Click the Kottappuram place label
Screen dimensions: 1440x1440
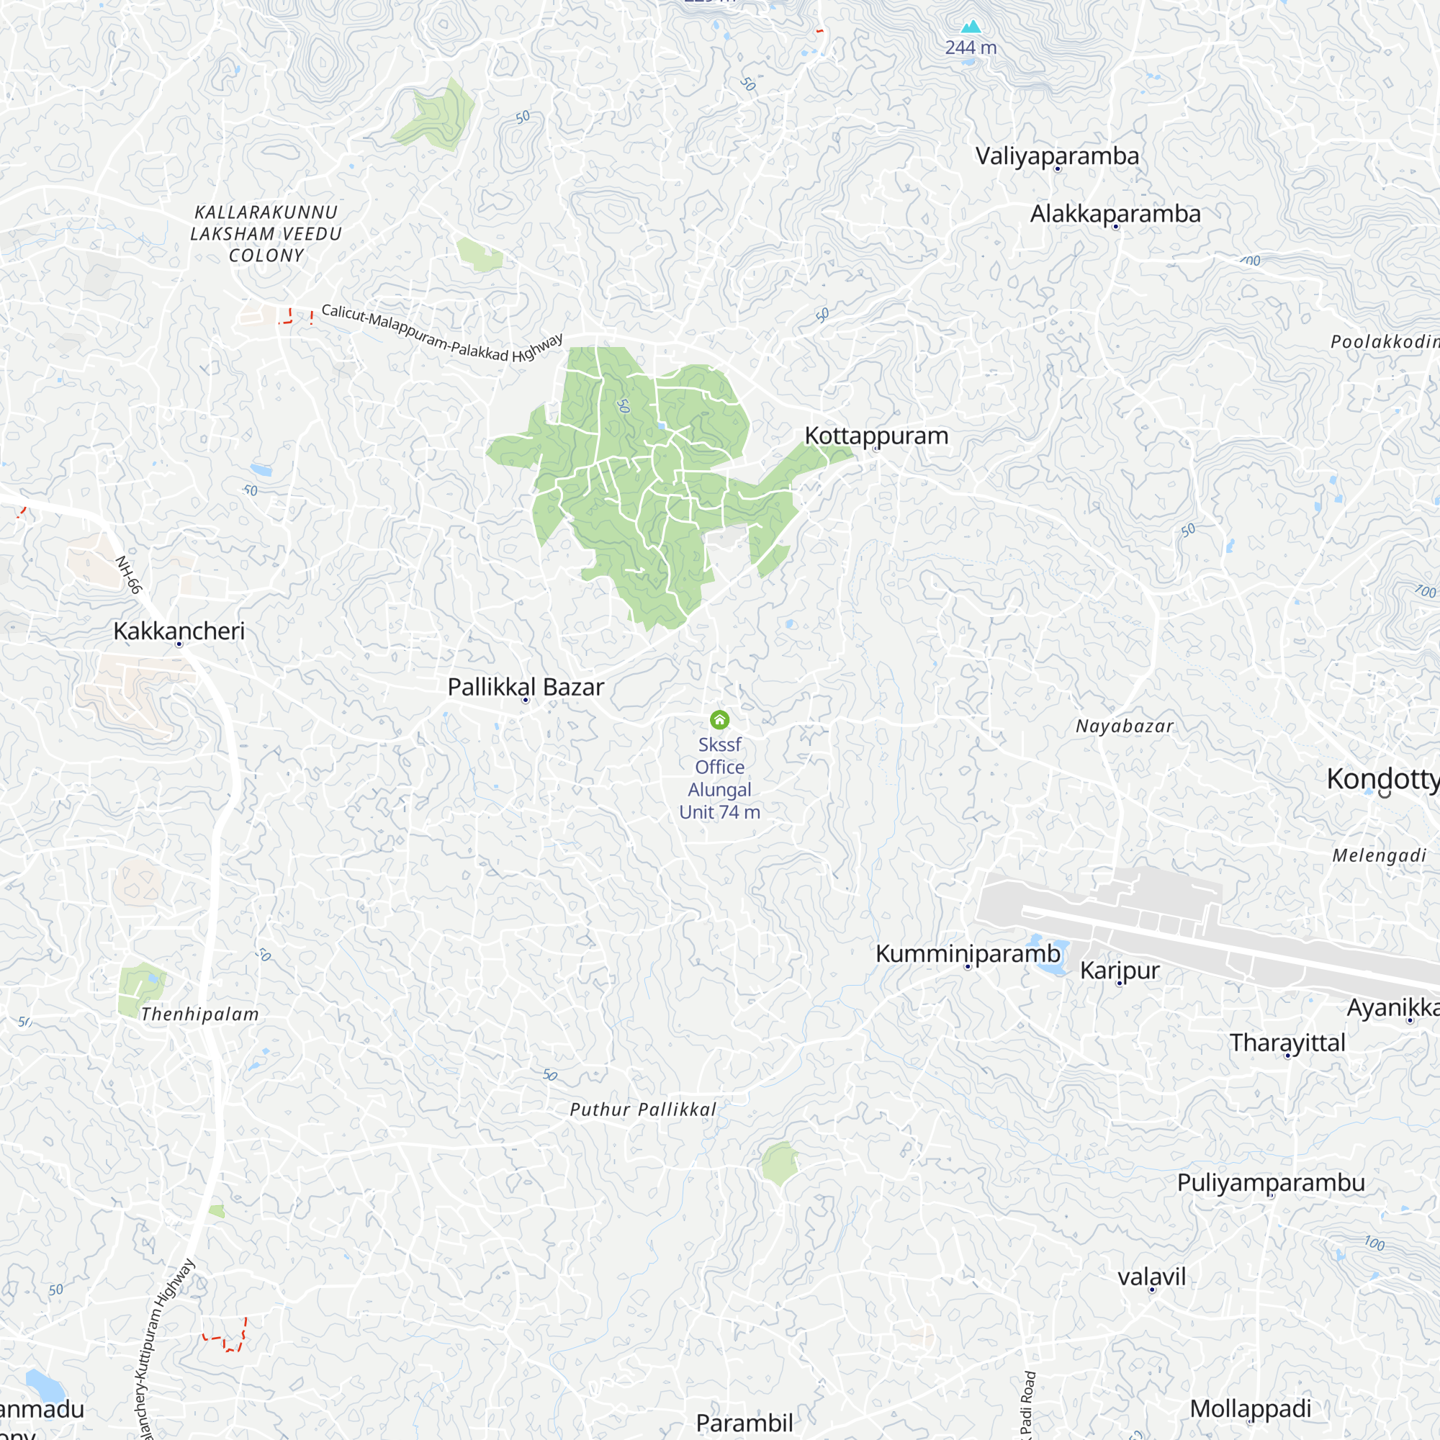click(876, 436)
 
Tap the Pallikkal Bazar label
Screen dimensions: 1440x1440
click(526, 686)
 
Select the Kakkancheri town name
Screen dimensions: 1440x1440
click(179, 631)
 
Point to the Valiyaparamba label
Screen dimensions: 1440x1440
click(1057, 156)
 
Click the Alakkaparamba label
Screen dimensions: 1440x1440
click(1115, 214)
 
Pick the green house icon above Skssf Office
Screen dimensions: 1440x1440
click(719, 719)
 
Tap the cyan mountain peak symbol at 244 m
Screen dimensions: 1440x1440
click(971, 27)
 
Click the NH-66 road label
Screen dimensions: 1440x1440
click(128, 575)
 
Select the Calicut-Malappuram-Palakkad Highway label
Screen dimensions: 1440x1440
click(441, 333)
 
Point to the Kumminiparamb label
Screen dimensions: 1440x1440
click(968, 953)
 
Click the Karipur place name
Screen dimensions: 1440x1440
click(1120, 970)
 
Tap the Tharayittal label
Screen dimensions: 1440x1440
click(1287, 1042)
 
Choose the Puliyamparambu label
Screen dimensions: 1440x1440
click(1271, 1182)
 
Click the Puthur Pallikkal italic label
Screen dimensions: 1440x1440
click(642, 1110)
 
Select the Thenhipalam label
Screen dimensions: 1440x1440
click(199, 1014)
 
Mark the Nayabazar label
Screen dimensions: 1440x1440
click(1124, 726)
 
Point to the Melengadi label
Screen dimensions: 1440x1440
click(1379, 855)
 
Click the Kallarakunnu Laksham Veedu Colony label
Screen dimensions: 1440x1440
click(266, 233)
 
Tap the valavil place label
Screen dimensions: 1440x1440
click(1151, 1277)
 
